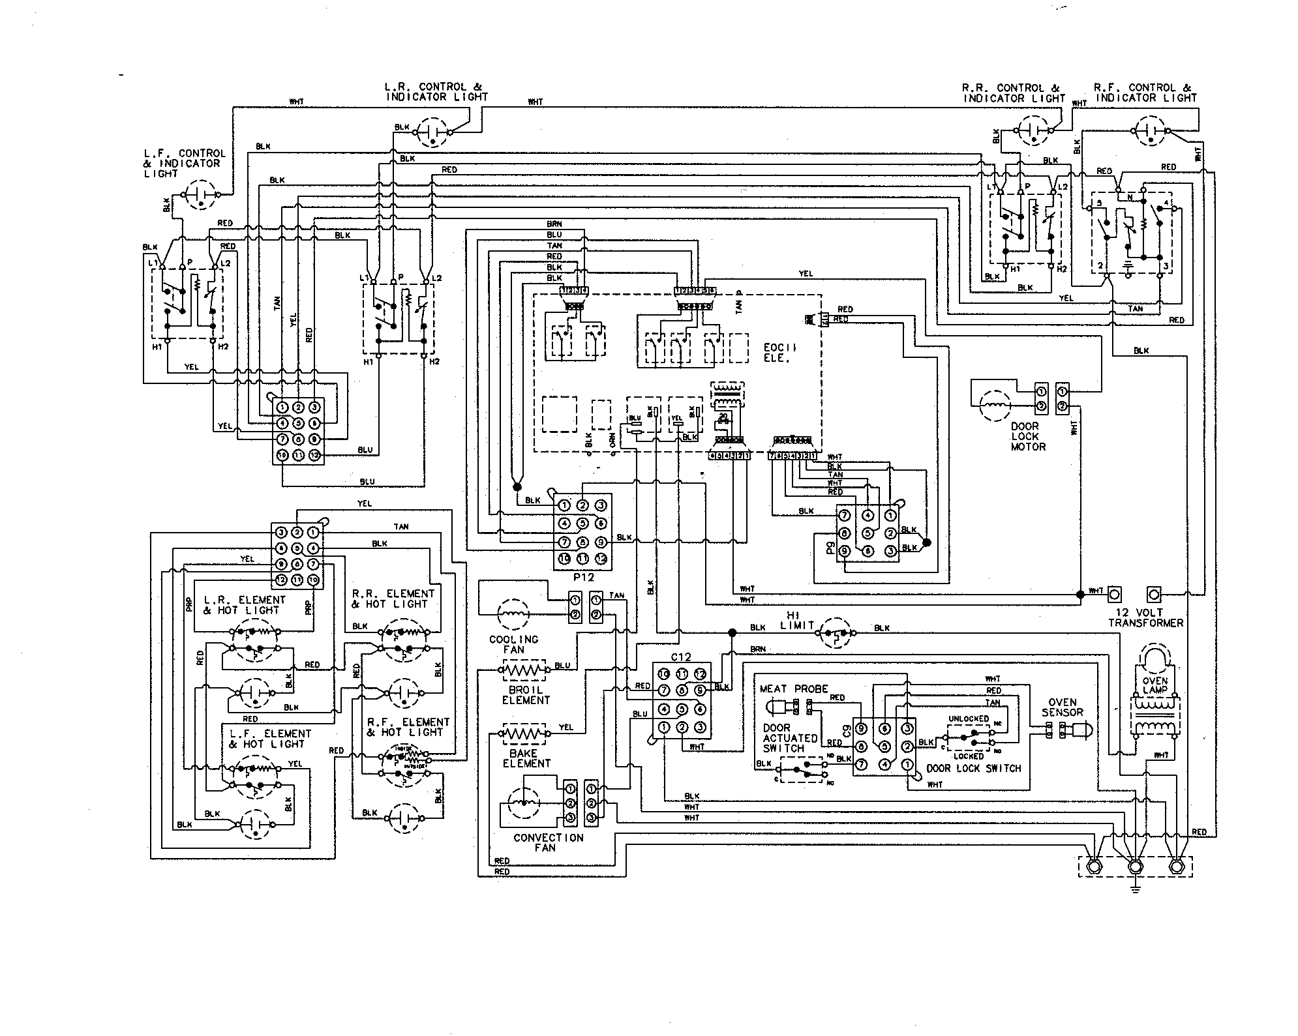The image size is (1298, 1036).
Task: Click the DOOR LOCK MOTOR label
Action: pyautogui.click(x=1028, y=436)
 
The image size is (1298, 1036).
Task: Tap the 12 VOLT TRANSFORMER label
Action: pyautogui.click(x=1145, y=617)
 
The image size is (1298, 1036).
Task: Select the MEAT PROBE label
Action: pyautogui.click(x=794, y=688)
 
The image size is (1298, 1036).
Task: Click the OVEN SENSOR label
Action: pyautogui.click(x=1062, y=707)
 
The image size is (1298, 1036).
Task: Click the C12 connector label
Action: pyautogui.click(x=681, y=657)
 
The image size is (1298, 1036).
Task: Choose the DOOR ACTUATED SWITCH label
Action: pyautogui.click(x=790, y=738)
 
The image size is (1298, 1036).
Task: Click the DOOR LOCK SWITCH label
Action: pyautogui.click(x=973, y=769)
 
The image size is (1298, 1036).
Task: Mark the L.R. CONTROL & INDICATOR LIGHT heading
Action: pyautogui.click(x=436, y=91)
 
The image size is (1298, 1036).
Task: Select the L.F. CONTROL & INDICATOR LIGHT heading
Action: pyautogui.click(x=183, y=163)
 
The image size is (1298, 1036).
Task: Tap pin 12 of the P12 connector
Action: pyautogui.click(x=600, y=559)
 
